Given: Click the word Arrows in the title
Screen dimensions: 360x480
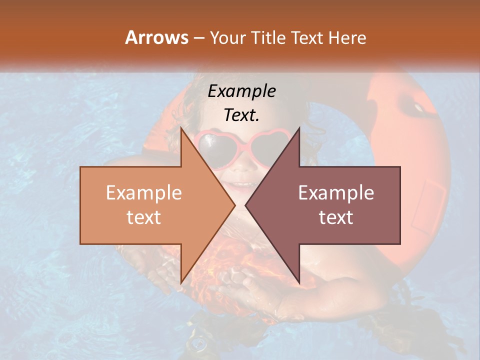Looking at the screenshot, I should click(x=156, y=37).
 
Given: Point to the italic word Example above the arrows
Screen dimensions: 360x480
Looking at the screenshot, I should click(x=241, y=91).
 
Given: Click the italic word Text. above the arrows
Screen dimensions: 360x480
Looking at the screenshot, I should click(x=241, y=115).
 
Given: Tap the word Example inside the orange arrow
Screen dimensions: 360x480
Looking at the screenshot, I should click(x=144, y=193).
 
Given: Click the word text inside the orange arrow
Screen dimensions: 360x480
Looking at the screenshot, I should click(x=144, y=217).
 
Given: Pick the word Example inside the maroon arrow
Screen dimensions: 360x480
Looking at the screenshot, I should click(x=336, y=193).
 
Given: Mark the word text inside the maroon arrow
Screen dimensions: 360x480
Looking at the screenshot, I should click(x=336, y=217).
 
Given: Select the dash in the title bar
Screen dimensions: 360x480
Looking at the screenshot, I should click(x=198, y=38).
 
